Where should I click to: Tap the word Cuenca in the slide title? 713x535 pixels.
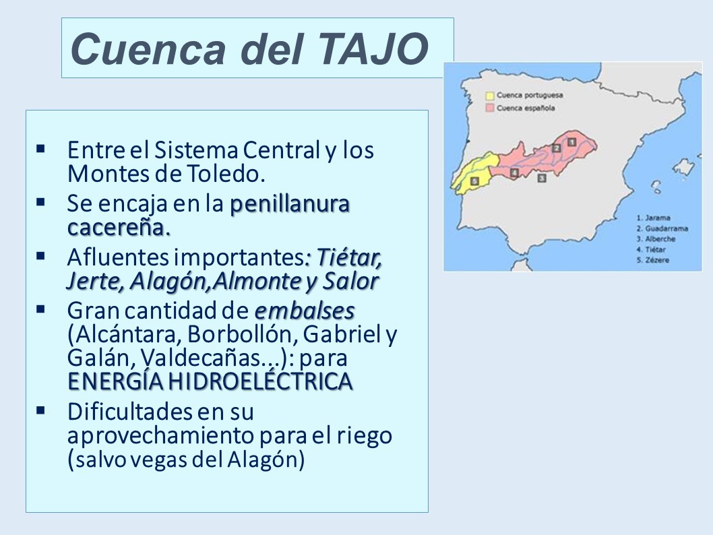coord(148,49)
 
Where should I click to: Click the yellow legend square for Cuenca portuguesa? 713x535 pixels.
coord(490,96)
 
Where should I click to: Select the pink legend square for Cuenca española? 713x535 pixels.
coord(490,108)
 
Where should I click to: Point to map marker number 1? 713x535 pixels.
coord(571,141)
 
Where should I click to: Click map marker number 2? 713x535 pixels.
coord(556,148)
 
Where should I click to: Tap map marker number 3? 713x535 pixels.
coord(542,178)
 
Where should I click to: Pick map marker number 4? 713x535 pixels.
coord(514,172)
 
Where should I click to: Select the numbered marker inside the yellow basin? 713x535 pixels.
coord(474,181)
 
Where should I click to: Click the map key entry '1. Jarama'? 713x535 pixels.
coord(654,218)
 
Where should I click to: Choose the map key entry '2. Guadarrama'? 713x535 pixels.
coord(662,228)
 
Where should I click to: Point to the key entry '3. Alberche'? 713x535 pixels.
coord(656,239)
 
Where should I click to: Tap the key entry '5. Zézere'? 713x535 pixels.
coord(653,260)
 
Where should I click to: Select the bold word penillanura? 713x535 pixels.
coord(290,203)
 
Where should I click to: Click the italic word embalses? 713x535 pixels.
coord(304,311)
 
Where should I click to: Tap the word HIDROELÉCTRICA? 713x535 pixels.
coord(261,381)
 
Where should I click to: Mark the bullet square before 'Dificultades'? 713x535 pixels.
coord(41,410)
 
